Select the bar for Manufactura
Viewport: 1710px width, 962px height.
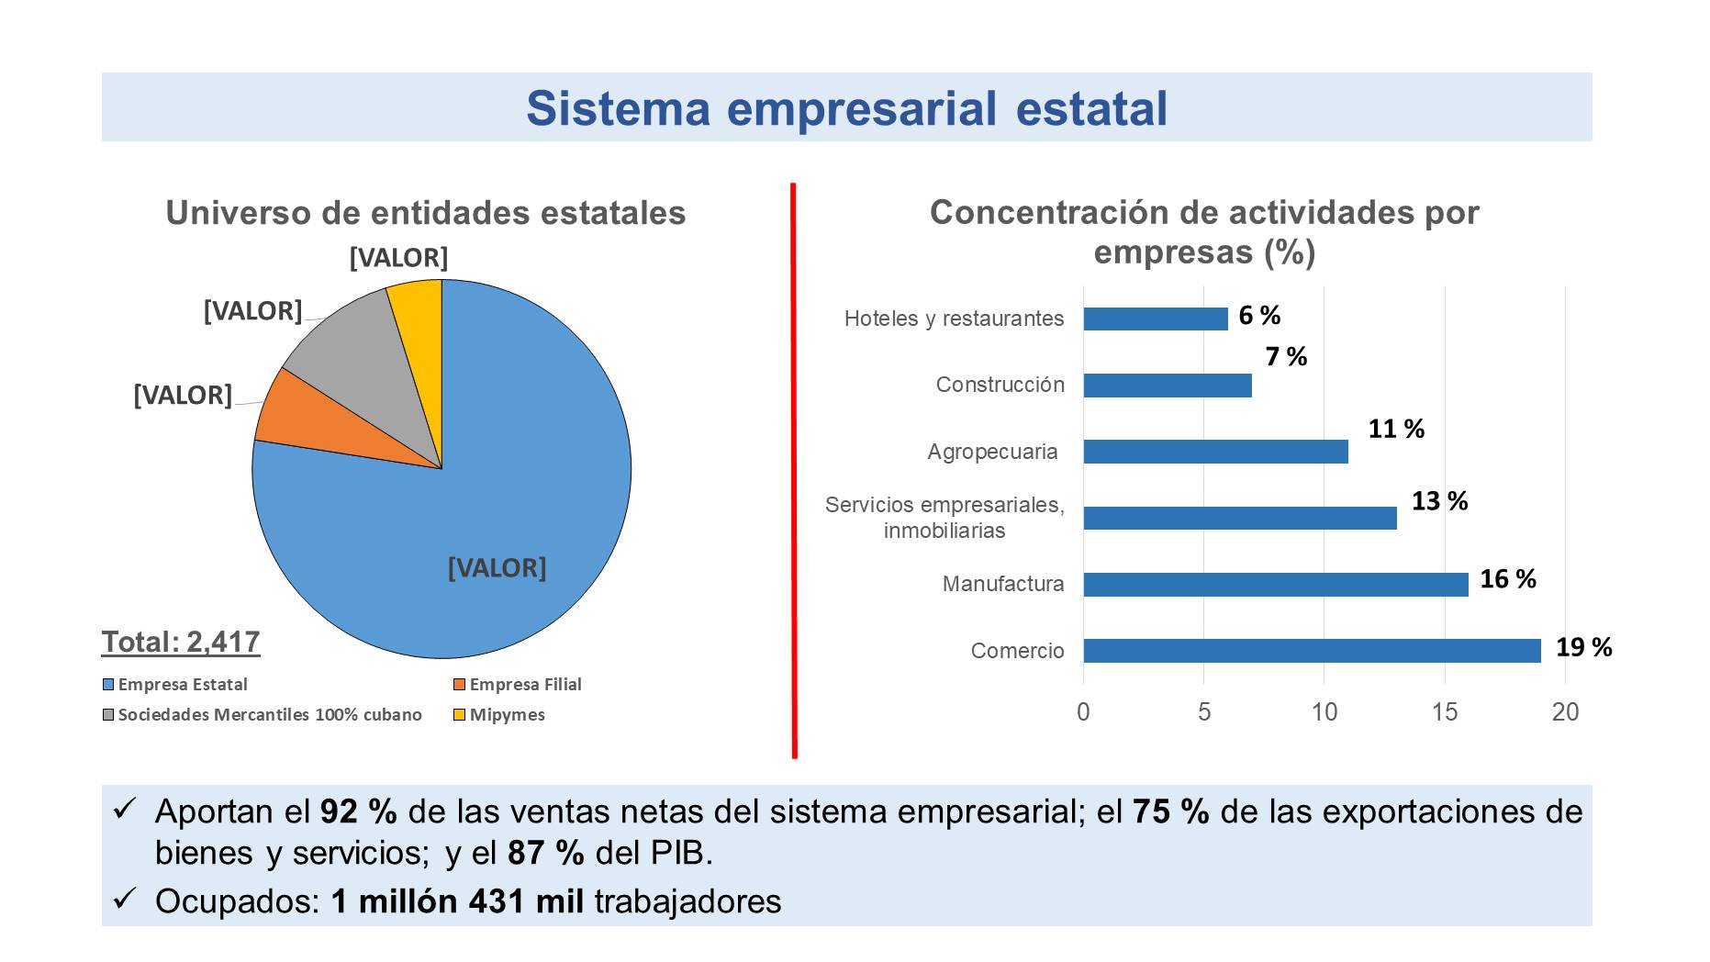pyautogui.click(x=1275, y=585)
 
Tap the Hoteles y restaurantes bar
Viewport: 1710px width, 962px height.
pyautogui.click(x=1155, y=319)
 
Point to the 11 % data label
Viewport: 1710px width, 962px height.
pyautogui.click(x=1395, y=429)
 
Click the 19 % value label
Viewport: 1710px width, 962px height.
pyautogui.click(x=1583, y=647)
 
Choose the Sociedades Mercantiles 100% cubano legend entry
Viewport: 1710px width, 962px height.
pyautogui.click(x=269, y=715)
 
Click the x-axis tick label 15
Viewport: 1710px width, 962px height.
pyautogui.click(x=1444, y=712)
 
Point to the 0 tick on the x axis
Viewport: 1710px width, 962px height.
pyautogui.click(x=1083, y=712)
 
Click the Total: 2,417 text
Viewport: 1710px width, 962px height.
pyautogui.click(x=181, y=642)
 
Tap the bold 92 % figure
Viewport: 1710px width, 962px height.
pyautogui.click(x=358, y=812)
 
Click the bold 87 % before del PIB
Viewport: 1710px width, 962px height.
pyautogui.click(x=545, y=854)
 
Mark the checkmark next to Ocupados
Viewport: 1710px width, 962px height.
pyautogui.click(x=124, y=900)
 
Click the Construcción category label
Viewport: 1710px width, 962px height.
pyautogui.click(x=1000, y=385)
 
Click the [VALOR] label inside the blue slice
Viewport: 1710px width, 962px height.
pyautogui.click(x=497, y=568)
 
